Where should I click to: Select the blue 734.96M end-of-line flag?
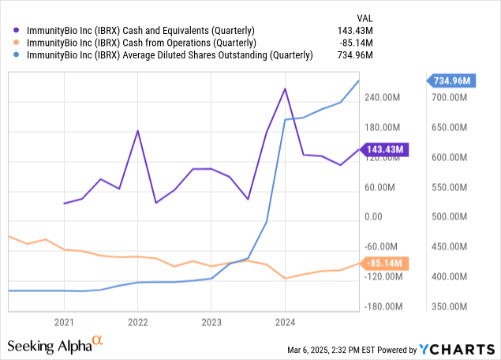point(451,81)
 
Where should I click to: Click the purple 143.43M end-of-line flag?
point(384,148)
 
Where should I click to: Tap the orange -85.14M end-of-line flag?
point(384,263)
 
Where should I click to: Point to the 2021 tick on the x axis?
point(64,321)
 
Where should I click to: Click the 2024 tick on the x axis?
point(285,321)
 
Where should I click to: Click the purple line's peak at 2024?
point(284,88)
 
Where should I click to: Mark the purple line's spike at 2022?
point(138,130)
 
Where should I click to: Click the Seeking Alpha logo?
point(55,345)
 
